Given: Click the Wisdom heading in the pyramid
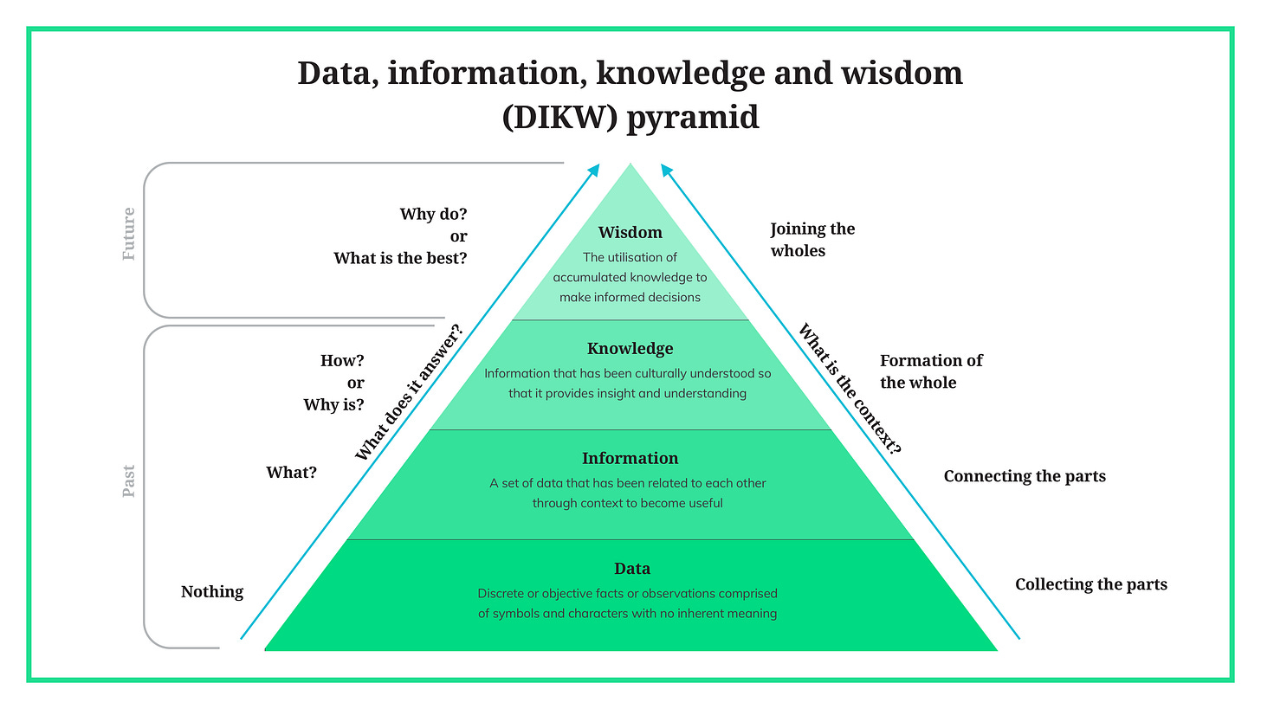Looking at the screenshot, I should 630,232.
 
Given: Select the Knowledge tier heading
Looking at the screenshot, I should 630,349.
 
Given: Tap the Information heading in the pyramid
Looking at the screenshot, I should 630,458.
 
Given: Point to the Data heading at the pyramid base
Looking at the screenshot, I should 631,569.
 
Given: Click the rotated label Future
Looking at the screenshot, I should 129,234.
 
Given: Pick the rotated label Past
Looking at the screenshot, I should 129,481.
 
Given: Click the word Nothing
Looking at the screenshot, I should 212,592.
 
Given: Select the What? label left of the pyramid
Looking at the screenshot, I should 292,473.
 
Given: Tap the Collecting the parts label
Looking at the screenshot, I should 1091,584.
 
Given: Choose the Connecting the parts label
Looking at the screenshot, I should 1025,476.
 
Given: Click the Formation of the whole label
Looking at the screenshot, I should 931,371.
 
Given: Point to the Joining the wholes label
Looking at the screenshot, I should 812,240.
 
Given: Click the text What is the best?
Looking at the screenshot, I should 400,258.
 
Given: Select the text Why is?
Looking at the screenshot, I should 333,404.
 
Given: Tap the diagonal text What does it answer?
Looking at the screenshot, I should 409,391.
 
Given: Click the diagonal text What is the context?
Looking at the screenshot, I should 850,390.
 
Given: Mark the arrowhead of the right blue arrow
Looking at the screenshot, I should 665,169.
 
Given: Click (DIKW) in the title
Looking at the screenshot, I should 559,116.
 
